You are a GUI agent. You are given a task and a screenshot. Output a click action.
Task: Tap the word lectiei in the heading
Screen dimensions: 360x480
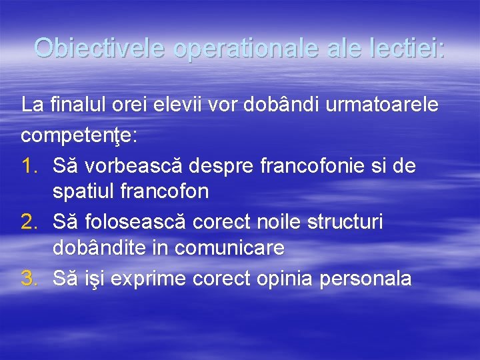pos(403,48)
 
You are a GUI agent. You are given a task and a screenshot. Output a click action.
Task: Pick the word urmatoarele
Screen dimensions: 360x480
pos(378,105)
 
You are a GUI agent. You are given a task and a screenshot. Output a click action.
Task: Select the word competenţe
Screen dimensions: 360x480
pos(79,135)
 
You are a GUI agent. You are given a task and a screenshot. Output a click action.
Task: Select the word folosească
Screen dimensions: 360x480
pos(120,221)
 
